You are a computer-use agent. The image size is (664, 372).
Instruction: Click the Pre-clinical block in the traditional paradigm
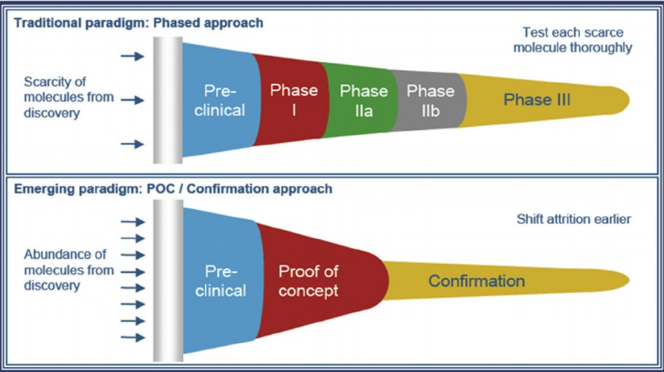click(222, 100)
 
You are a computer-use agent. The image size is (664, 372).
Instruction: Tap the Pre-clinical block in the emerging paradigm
click(222, 281)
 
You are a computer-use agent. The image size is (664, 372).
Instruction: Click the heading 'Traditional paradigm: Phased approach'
click(138, 23)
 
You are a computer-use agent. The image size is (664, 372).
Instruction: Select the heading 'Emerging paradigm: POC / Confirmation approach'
click(172, 189)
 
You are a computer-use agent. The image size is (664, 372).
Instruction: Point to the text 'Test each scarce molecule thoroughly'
click(576, 40)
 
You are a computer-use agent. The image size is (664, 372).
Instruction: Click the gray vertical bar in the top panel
click(168, 100)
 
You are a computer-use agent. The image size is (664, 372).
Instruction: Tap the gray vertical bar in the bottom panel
click(168, 281)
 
